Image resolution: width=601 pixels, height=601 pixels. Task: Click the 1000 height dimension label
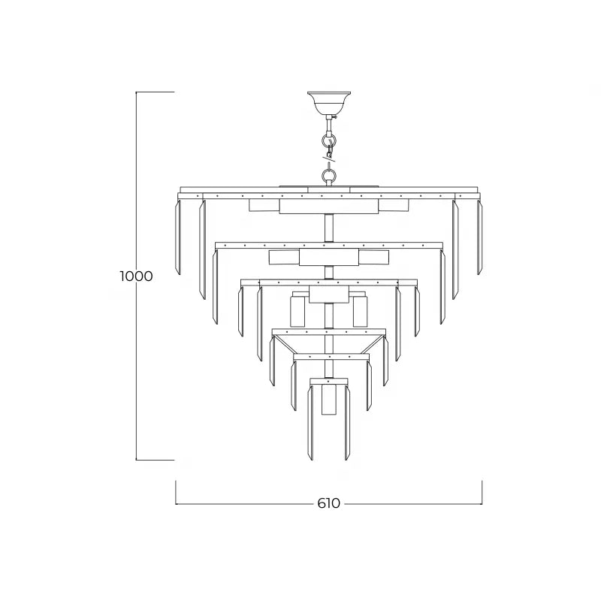pos(136,276)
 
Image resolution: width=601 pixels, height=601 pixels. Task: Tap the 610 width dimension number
pos(329,503)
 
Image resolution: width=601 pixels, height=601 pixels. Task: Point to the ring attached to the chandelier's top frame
pos(328,177)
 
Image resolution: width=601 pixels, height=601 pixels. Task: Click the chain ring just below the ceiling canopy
pos(328,140)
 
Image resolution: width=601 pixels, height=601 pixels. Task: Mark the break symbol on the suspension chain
pos(329,157)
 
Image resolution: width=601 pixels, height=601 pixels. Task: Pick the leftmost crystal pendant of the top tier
pos(179,237)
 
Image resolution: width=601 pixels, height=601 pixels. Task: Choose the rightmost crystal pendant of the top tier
pos(479,237)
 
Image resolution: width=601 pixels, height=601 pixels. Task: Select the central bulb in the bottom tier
pos(328,399)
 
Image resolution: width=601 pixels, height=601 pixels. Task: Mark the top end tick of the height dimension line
pos(154,92)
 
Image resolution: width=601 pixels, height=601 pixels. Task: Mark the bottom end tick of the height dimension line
pos(154,460)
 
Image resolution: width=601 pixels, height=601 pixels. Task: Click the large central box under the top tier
pos(328,207)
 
